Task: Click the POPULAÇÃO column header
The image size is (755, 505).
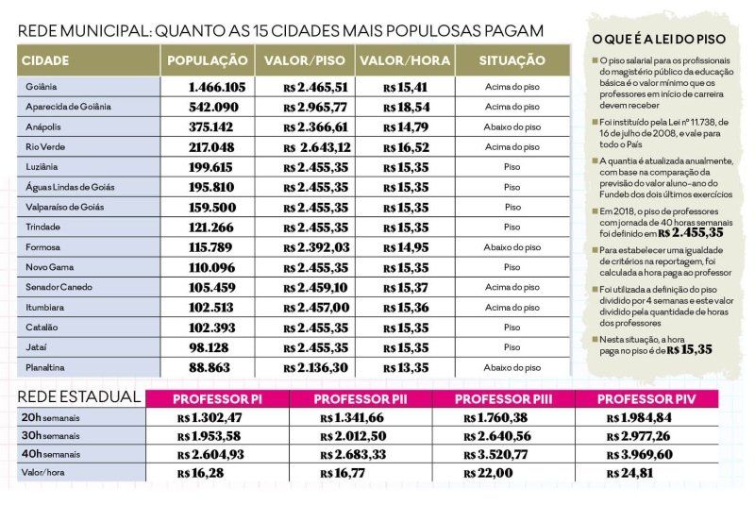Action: [208, 60]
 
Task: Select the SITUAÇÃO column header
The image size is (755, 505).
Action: [512, 60]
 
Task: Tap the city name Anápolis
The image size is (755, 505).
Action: [43, 127]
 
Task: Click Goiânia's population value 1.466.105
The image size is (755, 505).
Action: [217, 87]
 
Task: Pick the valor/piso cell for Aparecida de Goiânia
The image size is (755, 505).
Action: [315, 108]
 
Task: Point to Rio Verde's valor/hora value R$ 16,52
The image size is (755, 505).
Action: [406, 147]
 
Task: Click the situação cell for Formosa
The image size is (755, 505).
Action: [512, 247]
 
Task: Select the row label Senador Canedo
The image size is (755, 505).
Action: [59, 287]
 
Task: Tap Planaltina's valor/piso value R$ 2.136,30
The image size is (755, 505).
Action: [315, 368]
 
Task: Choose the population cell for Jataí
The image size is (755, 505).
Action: [209, 347]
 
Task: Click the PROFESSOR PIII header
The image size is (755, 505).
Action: [503, 399]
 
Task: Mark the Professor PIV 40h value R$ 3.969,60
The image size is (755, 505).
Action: [640, 454]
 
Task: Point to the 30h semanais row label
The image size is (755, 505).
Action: [51, 436]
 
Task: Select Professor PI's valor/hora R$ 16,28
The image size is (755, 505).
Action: [200, 473]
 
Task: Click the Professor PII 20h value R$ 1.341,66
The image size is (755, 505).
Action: [352, 418]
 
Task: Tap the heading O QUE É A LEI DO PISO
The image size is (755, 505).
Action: [659, 39]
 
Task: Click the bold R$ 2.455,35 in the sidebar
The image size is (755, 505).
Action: [691, 233]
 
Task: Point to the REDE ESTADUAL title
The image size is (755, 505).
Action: [79, 397]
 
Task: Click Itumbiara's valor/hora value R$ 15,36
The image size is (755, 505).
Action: [406, 308]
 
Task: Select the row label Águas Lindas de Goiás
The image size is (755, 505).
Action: [70, 187]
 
